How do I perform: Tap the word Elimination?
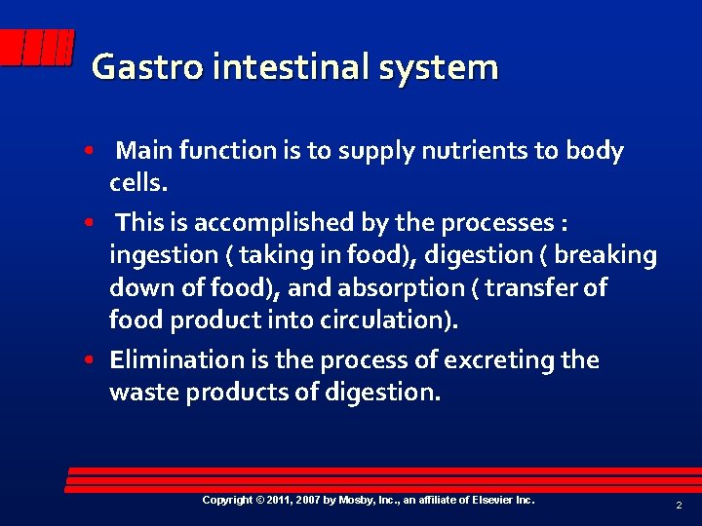175,360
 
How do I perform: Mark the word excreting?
498,360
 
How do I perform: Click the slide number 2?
678,506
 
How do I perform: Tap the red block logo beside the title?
36,48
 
